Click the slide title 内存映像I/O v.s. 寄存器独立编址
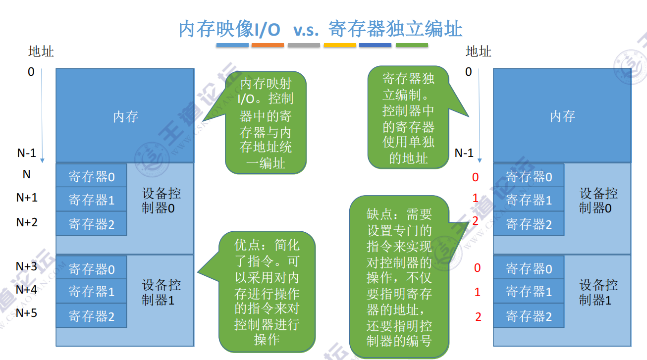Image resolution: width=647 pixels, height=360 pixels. point(321,29)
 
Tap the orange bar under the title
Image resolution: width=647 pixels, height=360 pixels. point(268,45)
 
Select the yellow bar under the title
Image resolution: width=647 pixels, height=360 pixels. point(340,45)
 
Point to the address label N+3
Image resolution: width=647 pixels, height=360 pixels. point(26,267)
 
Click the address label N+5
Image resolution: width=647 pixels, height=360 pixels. point(26,312)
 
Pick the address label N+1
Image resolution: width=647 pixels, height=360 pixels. point(27,198)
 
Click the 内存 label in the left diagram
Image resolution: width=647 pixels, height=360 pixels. point(125,117)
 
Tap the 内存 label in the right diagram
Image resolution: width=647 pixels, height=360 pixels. point(562,117)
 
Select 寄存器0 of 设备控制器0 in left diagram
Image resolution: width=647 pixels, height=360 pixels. point(92,176)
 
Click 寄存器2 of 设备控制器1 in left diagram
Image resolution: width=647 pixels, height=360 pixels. point(92,316)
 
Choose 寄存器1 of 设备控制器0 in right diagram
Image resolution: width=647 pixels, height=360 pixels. point(529,200)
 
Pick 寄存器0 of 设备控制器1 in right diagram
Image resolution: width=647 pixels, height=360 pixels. point(529,269)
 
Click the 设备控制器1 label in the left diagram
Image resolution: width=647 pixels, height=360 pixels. point(161,292)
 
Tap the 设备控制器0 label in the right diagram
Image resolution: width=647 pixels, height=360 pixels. point(598,201)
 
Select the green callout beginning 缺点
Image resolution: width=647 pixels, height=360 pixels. point(399,277)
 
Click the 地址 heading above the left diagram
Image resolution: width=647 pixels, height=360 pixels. point(41,51)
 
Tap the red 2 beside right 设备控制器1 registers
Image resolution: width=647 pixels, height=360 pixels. point(478,317)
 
